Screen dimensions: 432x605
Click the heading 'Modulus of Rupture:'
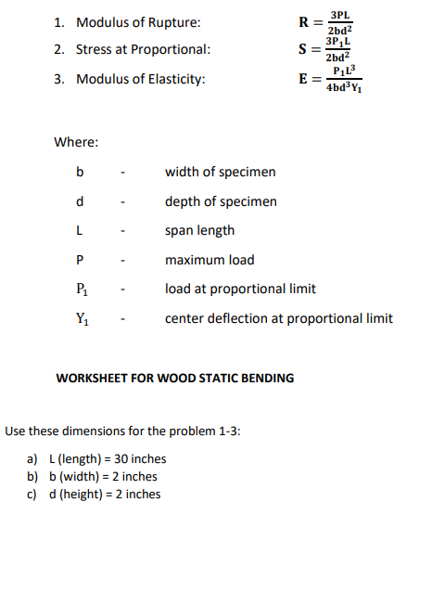[x=137, y=22]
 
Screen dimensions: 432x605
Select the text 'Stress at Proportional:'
[x=143, y=49]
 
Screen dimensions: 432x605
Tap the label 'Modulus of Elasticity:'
[x=140, y=79]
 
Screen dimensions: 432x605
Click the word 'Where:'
[x=77, y=142]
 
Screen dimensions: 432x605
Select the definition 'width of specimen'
[x=220, y=172]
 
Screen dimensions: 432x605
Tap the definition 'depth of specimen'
[x=221, y=201]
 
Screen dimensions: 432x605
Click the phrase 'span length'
[x=199, y=230]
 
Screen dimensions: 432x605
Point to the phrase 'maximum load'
[x=210, y=260]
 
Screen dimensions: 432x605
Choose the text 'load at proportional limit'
[x=240, y=289]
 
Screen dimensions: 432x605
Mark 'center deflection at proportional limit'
[x=278, y=318]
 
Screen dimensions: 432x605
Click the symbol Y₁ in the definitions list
[x=82, y=319]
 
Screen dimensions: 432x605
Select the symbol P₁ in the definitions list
[x=82, y=290]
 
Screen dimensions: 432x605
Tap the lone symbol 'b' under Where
[x=81, y=172]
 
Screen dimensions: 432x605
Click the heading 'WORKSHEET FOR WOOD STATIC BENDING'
[x=175, y=378]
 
